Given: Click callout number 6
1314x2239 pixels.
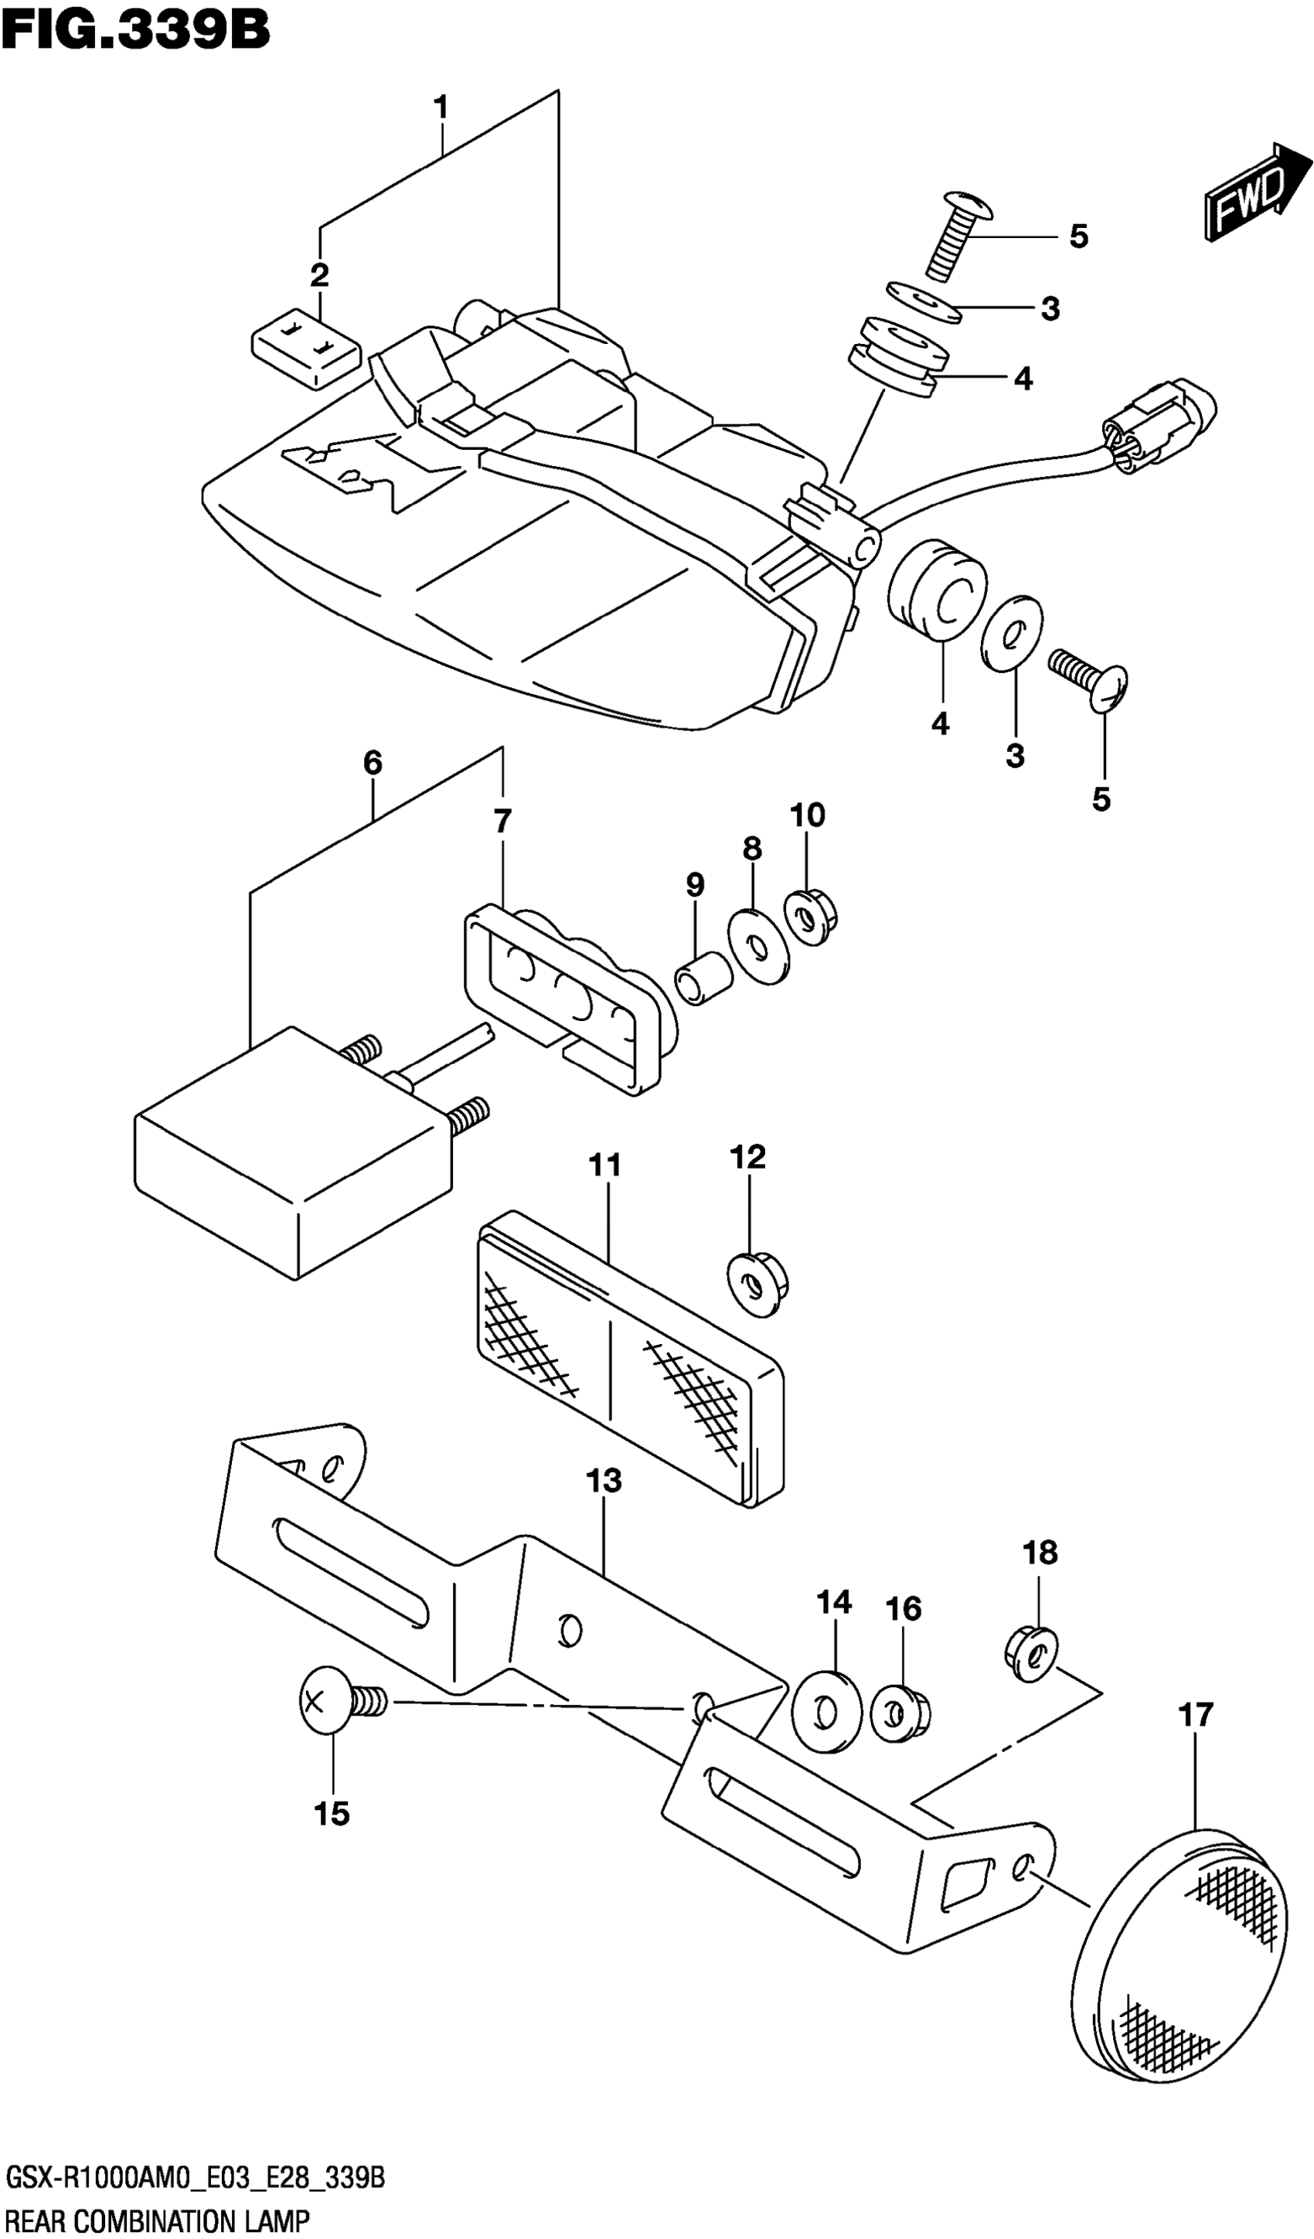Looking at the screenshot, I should pos(373,762).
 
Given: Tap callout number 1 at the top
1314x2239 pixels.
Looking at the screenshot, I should pos(441,108).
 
